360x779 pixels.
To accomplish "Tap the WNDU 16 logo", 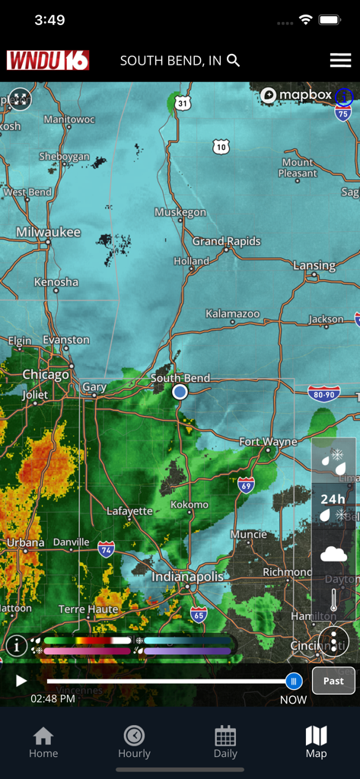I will pyautogui.click(x=48, y=60).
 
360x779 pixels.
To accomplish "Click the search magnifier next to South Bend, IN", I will pyautogui.click(x=234, y=60).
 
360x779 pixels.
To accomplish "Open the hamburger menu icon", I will pyautogui.click(x=339, y=60).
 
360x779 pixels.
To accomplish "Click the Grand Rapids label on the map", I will pyautogui.click(x=226, y=241).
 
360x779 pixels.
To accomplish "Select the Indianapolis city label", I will pyautogui.click(x=187, y=577).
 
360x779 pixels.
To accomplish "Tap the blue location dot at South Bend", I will pyautogui.click(x=180, y=392).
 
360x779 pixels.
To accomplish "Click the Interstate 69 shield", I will pyautogui.click(x=246, y=485).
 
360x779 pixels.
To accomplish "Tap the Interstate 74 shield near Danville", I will pyautogui.click(x=107, y=549).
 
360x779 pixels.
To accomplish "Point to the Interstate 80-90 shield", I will pyautogui.click(x=324, y=393).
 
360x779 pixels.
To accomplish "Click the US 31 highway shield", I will pyautogui.click(x=181, y=103).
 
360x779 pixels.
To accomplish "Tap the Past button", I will pyautogui.click(x=333, y=681).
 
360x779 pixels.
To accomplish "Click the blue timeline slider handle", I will pyautogui.click(x=293, y=682).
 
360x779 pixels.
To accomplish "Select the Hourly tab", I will pyautogui.click(x=134, y=742).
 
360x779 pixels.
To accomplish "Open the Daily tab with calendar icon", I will pyautogui.click(x=225, y=742).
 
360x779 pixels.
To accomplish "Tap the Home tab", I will pyautogui.click(x=43, y=742).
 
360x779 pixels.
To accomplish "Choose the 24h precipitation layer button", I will pyautogui.click(x=333, y=506).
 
